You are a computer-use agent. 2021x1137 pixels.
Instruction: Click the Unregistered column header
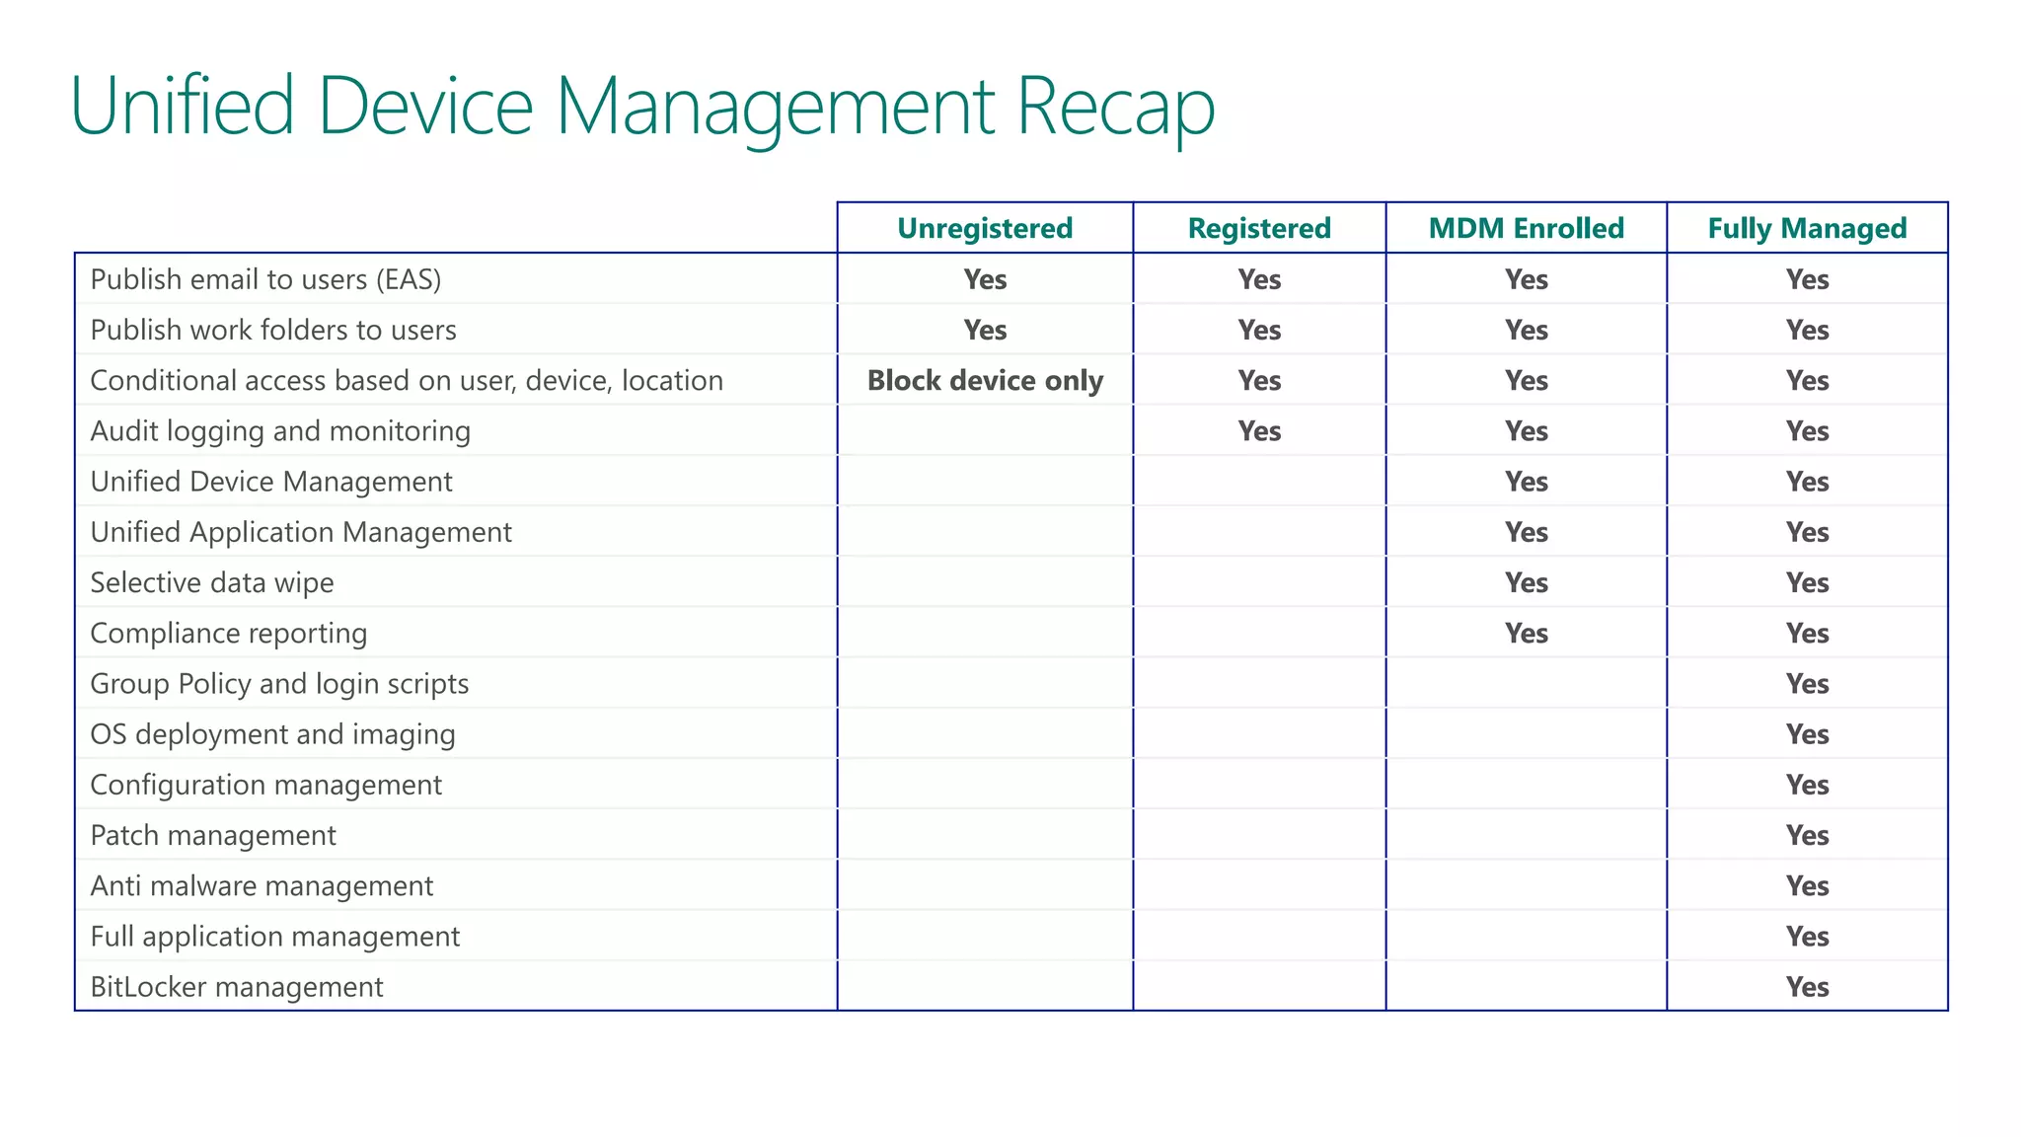[x=984, y=228]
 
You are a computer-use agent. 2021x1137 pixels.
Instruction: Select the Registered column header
[x=1258, y=228]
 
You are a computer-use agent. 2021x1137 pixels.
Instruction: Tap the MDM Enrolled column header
[x=1526, y=228]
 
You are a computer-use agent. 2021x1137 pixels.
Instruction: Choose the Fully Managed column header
[x=1807, y=228]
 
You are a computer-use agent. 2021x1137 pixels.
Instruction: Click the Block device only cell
[x=984, y=381]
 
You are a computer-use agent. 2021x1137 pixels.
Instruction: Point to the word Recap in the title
[x=1115, y=107]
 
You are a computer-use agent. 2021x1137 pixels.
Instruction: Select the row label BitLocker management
[x=237, y=987]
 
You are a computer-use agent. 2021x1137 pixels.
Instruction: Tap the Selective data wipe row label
[x=212, y=582]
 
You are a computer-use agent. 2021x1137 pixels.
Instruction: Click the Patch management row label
[x=213, y=835]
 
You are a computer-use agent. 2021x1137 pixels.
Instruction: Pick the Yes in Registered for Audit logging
[x=1259, y=431]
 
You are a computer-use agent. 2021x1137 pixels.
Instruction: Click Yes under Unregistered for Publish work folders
[x=985, y=330]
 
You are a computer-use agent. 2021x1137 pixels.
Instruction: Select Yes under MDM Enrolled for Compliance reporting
[x=1526, y=634]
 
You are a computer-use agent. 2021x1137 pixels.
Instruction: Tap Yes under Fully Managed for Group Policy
[x=1807, y=684]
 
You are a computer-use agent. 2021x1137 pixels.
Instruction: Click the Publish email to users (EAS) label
[x=265, y=279]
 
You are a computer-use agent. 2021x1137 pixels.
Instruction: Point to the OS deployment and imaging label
[x=272, y=734]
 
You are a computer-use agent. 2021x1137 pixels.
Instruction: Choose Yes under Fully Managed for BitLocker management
[x=1807, y=987]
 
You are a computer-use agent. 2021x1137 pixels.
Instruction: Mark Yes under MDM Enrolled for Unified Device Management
[x=1526, y=482]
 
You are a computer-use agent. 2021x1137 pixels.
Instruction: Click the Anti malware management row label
[x=262, y=886]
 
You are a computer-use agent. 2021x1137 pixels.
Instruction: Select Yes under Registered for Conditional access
[x=1259, y=381]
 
